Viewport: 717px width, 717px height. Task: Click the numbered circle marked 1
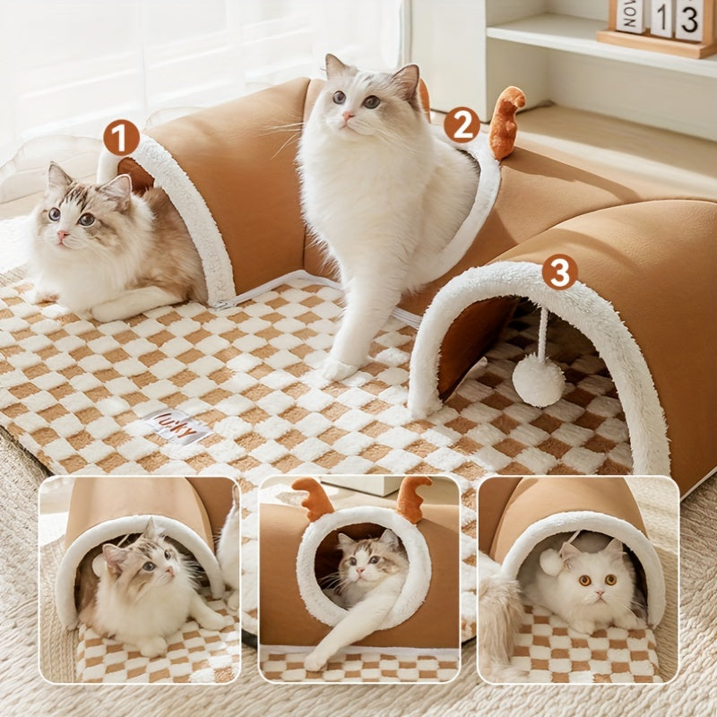click(x=121, y=138)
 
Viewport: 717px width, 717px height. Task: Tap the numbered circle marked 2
click(x=462, y=125)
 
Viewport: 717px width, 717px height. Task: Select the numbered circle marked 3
click(x=559, y=272)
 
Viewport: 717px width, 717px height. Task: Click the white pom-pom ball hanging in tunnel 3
click(x=538, y=379)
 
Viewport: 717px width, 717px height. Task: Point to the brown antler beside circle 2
click(x=507, y=121)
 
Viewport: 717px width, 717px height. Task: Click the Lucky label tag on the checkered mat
click(x=176, y=426)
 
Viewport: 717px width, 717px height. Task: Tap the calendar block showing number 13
click(x=688, y=20)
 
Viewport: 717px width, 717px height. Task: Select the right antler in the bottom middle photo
click(x=412, y=498)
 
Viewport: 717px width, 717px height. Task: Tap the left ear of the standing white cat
click(x=335, y=67)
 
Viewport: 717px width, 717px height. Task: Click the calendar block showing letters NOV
click(x=630, y=15)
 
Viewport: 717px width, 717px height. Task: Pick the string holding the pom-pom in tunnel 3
click(x=542, y=332)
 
